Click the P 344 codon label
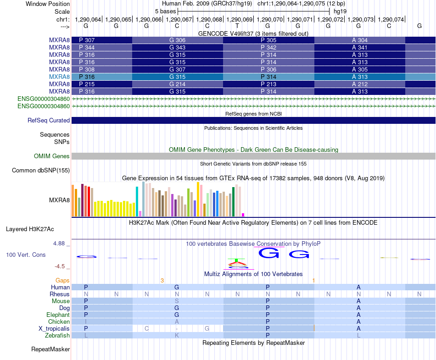(x=87, y=48)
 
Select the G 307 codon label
(x=178, y=69)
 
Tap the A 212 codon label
(x=360, y=84)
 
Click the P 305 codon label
(x=268, y=40)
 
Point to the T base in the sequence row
(x=237, y=26)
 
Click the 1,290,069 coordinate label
(x=239, y=19)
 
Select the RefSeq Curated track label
(x=49, y=120)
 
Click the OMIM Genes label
(x=52, y=156)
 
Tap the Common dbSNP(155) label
(x=41, y=170)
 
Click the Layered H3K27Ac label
(x=30, y=229)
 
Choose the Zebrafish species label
(x=57, y=336)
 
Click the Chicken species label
(x=59, y=321)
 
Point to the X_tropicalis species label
(x=54, y=329)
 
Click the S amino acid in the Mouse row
(x=177, y=301)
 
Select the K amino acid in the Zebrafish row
(x=177, y=336)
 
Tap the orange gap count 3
(x=162, y=281)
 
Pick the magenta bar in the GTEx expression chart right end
(x=243, y=215)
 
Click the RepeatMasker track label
(x=50, y=349)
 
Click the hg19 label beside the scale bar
(x=340, y=11)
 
